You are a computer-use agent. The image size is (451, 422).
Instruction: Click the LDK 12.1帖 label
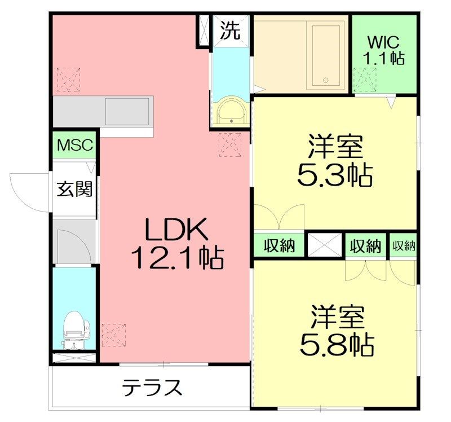pos(176,244)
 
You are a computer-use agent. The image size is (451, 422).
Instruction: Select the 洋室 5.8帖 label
pos(335,330)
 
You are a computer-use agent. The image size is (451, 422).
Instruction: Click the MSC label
pos(76,145)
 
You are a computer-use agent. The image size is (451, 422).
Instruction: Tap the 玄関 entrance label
pos(74,188)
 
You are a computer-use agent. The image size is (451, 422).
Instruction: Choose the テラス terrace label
pos(153,388)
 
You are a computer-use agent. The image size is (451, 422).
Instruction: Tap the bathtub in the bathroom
pos(326,55)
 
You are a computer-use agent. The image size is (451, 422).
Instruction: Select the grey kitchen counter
pos(104,110)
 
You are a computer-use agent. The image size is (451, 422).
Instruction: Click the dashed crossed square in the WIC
pos(364,78)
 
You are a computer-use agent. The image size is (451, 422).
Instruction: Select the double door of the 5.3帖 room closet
pos(279,217)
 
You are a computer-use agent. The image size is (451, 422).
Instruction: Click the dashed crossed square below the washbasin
pos(230,144)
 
